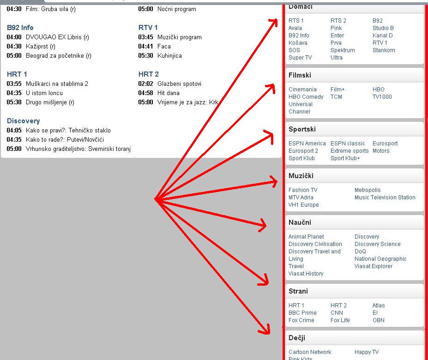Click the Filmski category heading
coord(300,75)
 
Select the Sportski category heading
coord(302,129)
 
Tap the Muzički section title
coord(301,176)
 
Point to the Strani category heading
coord(298,291)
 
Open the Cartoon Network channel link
coord(310,352)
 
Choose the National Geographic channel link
coord(380,259)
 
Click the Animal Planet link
coord(306,237)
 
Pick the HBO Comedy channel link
coord(306,97)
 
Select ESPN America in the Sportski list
coord(307,144)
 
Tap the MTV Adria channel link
coord(301,198)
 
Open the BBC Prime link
coord(302,313)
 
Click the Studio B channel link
coord(383,28)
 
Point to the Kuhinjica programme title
coord(169,56)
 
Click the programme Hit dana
coord(169,93)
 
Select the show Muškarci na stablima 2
coord(57,84)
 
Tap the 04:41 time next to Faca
coord(145,47)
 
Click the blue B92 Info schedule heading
coord(20,28)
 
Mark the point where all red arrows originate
coord(156,199)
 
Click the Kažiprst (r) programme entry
coord(41,47)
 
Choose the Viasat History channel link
coord(306,274)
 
